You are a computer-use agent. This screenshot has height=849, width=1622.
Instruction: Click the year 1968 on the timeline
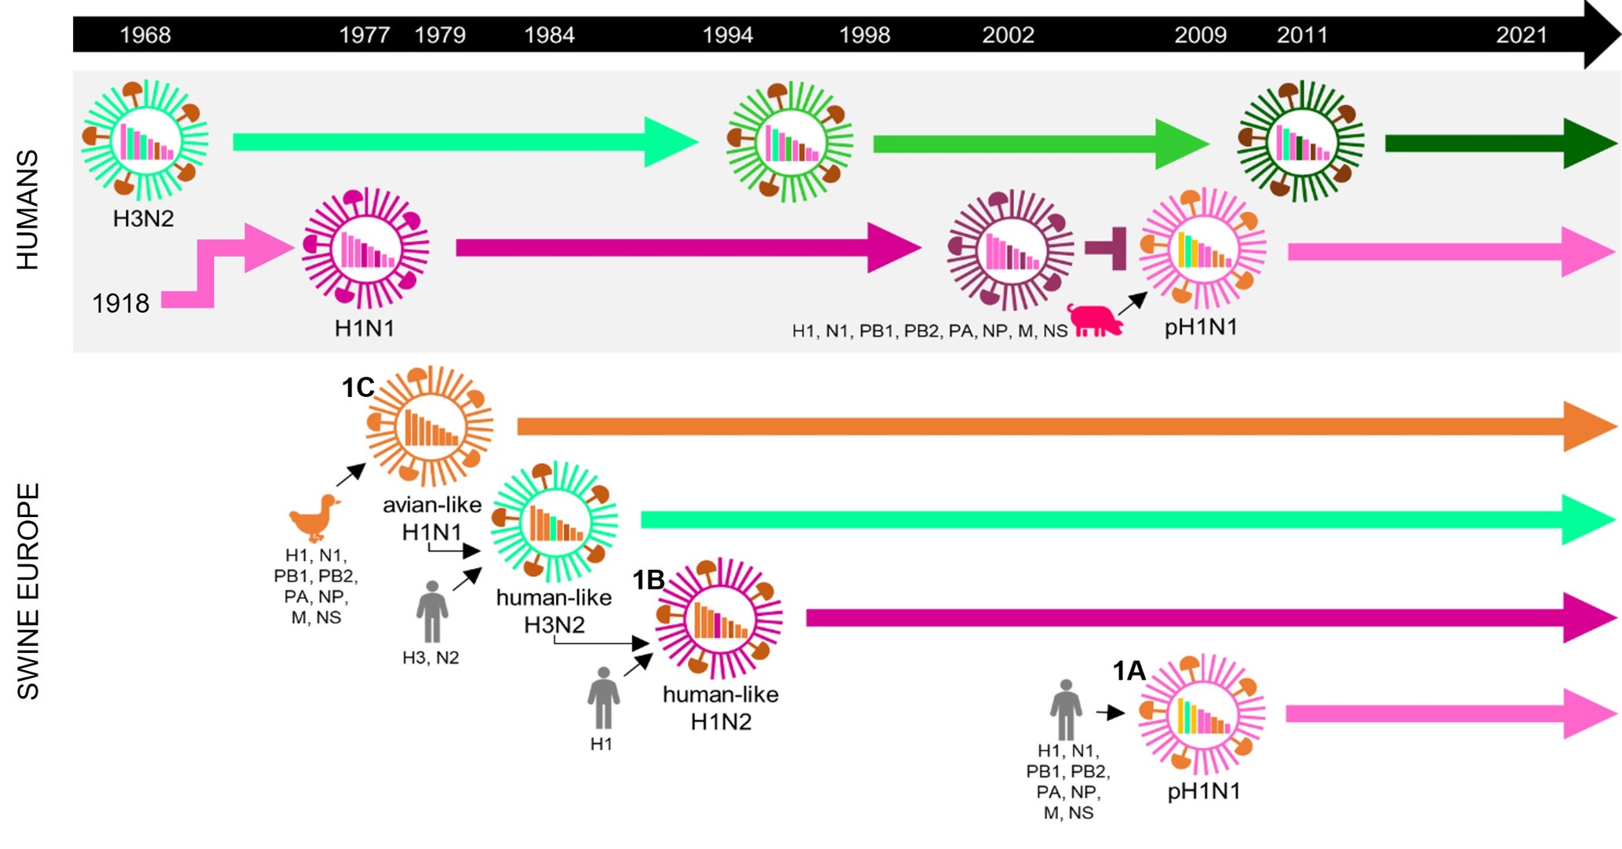pos(145,35)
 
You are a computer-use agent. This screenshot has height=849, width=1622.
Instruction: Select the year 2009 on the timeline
pos(1200,35)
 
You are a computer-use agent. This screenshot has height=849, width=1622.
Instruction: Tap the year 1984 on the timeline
pos(549,35)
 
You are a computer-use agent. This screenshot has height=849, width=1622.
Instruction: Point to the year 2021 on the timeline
pos(1521,35)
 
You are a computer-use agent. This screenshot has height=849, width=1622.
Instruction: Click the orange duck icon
pos(315,517)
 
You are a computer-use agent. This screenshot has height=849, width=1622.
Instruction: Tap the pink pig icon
pos(1096,320)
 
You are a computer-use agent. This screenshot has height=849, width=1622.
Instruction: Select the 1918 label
pos(120,304)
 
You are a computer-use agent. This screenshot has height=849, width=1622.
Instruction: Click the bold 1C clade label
pos(358,388)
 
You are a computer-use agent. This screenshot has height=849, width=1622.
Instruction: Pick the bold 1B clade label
pos(649,581)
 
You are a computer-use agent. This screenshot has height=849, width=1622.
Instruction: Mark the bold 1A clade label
pos(1129,671)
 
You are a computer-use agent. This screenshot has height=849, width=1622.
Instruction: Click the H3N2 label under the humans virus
pos(144,219)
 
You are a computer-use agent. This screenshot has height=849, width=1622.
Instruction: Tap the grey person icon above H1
pos(603,698)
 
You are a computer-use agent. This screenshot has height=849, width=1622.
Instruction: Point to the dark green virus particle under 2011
pos(1300,141)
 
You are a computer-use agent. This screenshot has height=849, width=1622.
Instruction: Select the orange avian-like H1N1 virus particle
pos(429,426)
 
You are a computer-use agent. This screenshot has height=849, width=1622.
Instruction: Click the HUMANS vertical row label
pos(27,210)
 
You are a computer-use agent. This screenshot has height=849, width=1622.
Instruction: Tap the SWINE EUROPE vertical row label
pos(27,590)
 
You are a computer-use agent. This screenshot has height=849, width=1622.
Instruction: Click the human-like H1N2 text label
pos(720,708)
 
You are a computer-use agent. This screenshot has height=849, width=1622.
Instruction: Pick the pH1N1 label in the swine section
pos(1204,791)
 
